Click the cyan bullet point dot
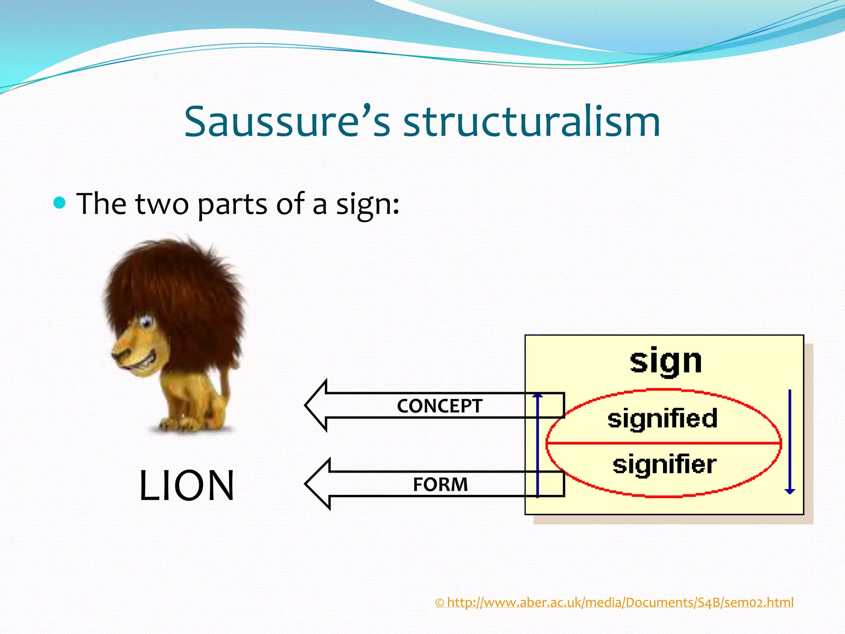pyautogui.click(x=60, y=203)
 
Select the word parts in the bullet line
pyautogui.click(x=232, y=204)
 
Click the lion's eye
pyautogui.click(x=145, y=321)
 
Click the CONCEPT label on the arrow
pyautogui.click(x=439, y=406)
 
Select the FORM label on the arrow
pyautogui.click(x=440, y=484)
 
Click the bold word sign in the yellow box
pyautogui.click(x=666, y=362)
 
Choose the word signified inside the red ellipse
pyautogui.click(x=662, y=418)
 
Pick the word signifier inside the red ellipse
pyautogui.click(x=664, y=464)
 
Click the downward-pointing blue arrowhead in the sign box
pyautogui.click(x=790, y=491)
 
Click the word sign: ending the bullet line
pyautogui.click(x=367, y=205)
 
